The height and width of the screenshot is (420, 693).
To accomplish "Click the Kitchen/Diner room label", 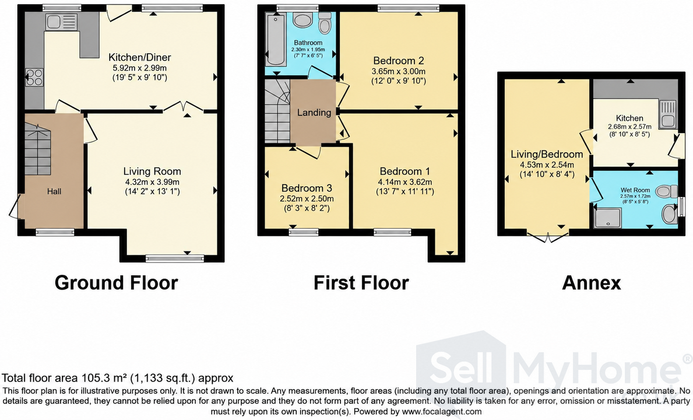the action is click(x=140, y=57).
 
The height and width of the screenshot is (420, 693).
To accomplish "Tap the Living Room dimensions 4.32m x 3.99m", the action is click(x=153, y=181).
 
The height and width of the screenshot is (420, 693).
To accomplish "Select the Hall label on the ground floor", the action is click(x=54, y=191).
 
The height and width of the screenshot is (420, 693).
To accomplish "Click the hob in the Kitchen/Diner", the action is click(x=34, y=77).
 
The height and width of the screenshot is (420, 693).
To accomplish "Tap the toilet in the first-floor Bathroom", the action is click(x=325, y=23).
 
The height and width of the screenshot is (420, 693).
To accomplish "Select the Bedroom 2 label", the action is click(x=399, y=61).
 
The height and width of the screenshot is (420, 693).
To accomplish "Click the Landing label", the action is click(x=314, y=113).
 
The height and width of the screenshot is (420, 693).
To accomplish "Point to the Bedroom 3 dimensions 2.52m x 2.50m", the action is click(x=307, y=199).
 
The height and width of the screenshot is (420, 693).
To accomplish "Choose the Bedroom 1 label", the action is click(x=405, y=171).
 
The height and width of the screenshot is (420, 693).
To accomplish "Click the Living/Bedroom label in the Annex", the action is click(x=547, y=155).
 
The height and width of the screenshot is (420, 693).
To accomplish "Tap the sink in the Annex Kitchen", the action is click(x=667, y=114).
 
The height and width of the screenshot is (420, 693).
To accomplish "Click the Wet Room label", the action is click(x=635, y=190).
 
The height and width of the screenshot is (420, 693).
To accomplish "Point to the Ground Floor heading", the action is click(x=116, y=282).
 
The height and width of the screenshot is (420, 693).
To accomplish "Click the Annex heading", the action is click(x=592, y=282).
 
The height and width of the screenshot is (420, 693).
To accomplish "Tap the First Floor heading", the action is click(x=361, y=282).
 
